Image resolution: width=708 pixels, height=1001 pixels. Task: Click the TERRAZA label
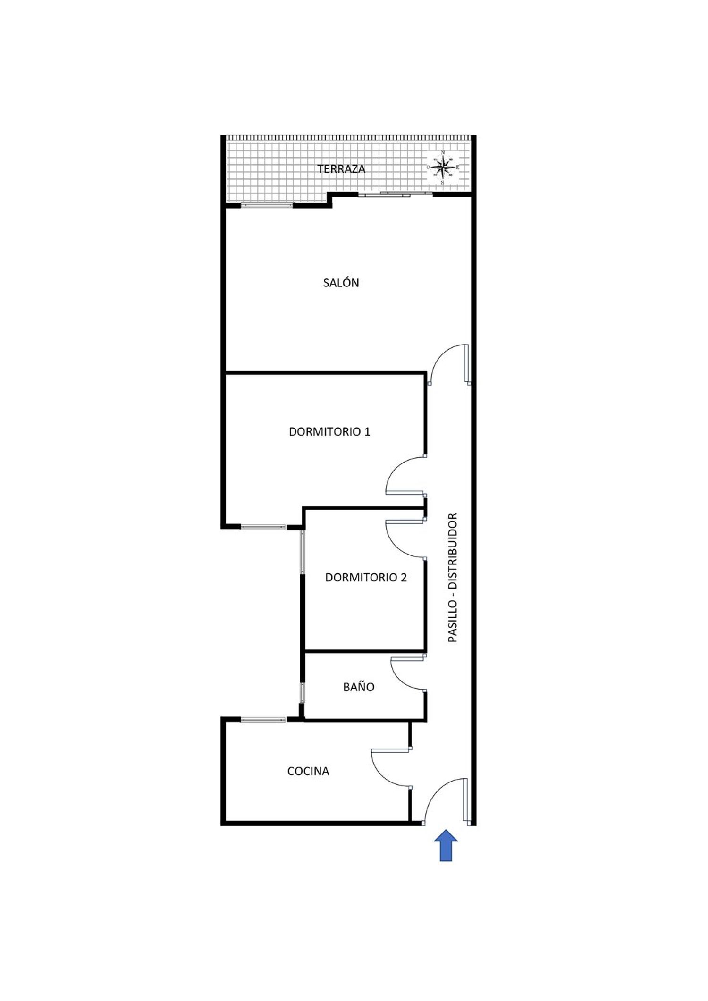(341, 169)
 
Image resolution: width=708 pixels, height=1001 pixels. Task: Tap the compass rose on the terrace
(443, 167)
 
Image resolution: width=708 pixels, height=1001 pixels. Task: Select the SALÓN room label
(341, 283)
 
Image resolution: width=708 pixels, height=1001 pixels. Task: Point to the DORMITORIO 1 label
(329, 432)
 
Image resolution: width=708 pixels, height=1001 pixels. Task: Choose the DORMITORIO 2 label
(366, 578)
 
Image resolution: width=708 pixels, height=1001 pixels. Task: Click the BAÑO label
(359, 687)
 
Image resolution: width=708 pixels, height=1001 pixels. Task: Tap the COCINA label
(308, 771)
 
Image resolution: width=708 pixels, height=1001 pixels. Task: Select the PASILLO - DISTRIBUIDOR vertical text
(453, 578)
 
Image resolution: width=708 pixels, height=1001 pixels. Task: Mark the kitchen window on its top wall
(263, 720)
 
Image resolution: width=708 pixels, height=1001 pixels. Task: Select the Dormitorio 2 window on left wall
(303, 551)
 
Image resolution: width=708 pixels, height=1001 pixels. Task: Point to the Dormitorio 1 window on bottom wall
(263, 527)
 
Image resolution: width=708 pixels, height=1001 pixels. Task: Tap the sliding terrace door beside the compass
(396, 193)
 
